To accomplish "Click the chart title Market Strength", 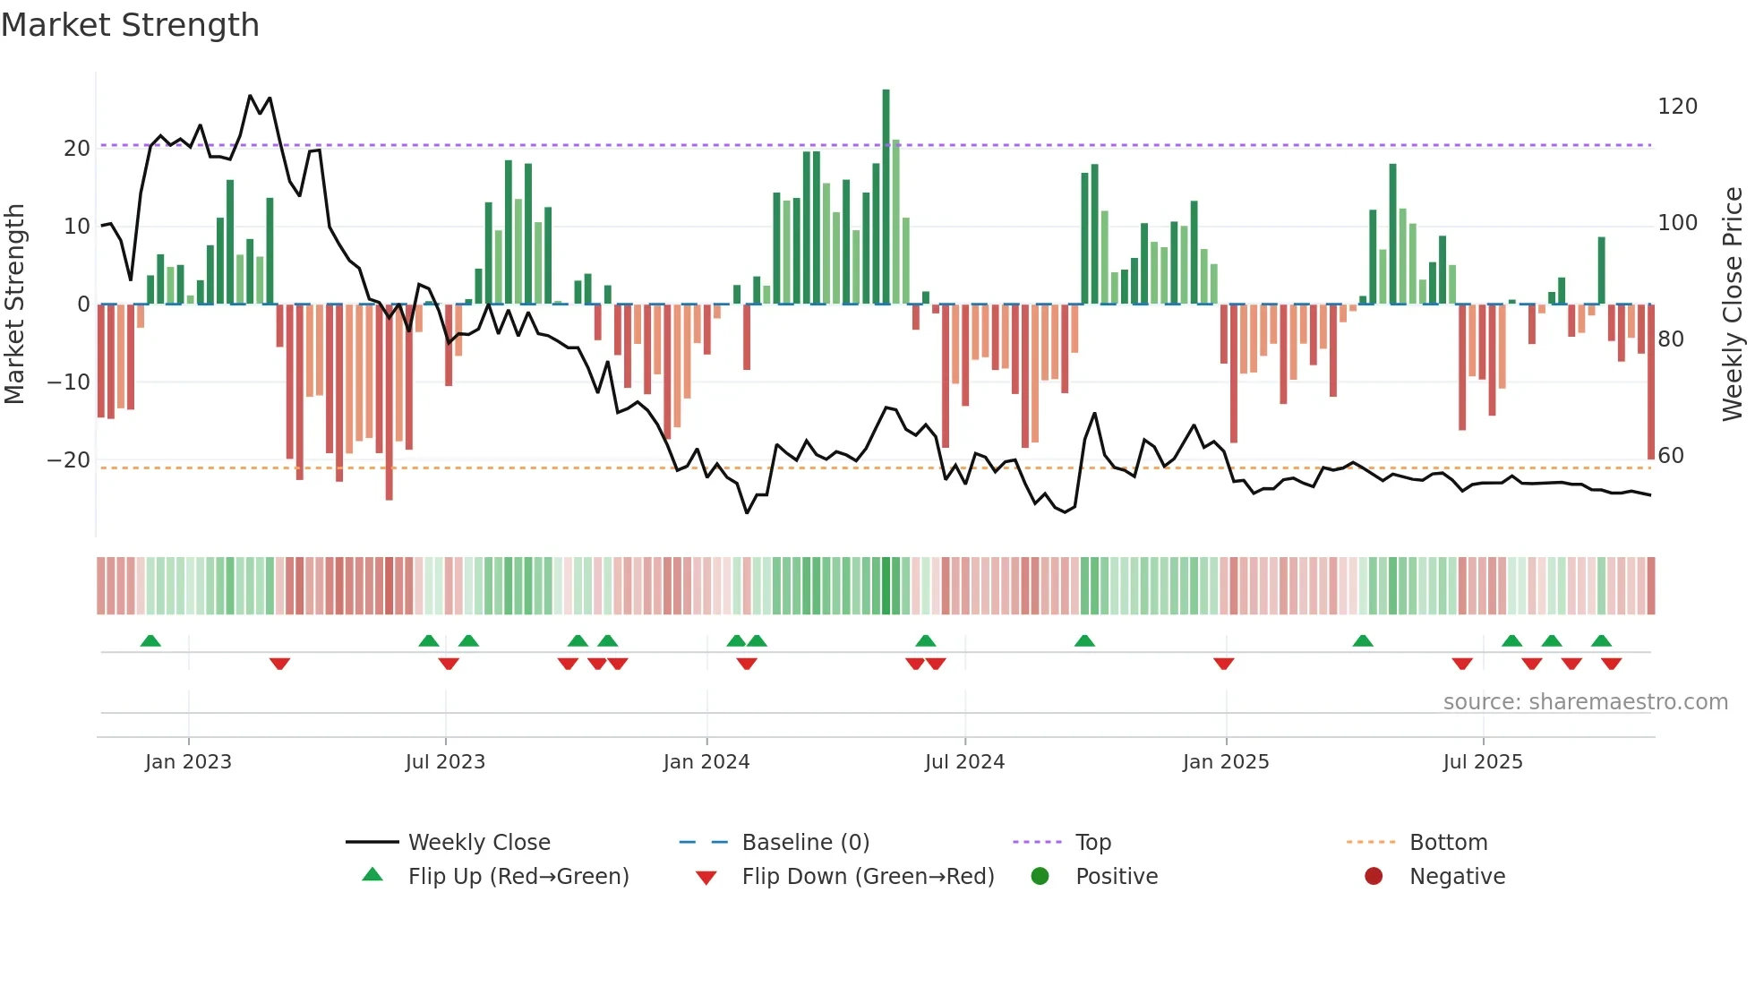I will (130, 25).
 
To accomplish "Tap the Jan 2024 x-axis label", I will (706, 762).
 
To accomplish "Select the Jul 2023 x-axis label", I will (445, 762).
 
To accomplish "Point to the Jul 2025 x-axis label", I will (1483, 762).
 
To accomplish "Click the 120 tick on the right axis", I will (1677, 107).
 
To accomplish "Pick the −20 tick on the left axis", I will (68, 460).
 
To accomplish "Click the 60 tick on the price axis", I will (1671, 456).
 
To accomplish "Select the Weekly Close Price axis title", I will (1733, 305).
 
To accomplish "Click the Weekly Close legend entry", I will (479, 843).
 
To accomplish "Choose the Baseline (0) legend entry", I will (805, 843).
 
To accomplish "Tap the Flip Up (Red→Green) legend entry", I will (518, 877).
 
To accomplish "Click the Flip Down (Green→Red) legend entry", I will (868, 877).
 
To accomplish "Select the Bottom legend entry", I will (1448, 843).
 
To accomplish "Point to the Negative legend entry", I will (1457, 877).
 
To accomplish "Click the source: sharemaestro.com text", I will (1585, 702).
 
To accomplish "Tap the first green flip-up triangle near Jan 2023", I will (150, 641).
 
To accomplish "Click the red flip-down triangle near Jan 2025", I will (1224, 664).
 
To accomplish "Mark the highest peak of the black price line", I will (250, 96).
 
